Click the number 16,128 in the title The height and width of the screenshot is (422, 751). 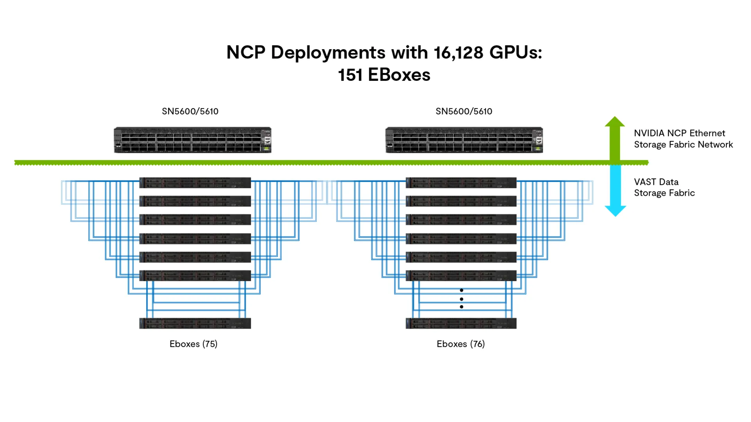(458, 52)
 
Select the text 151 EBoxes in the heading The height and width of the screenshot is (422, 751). (384, 75)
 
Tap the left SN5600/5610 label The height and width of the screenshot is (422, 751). (190, 111)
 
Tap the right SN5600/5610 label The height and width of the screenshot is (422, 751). (464, 111)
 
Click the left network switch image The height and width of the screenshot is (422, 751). (192, 140)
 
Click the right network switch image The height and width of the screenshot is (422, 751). (464, 140)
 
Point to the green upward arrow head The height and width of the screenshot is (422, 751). (614, 122)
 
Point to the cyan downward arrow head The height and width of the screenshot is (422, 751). (615, 211)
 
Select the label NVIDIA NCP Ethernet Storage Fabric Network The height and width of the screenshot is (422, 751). (683, 139)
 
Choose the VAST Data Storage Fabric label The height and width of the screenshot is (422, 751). (664, 188)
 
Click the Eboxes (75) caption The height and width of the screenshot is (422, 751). (193, 344)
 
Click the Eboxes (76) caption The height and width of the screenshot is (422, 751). (460, 344)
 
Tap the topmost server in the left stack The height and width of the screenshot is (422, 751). (195, 182)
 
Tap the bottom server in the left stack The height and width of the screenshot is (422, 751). (195, 323)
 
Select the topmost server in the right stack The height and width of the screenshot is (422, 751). (461, 182)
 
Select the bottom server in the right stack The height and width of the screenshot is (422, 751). (461, 323)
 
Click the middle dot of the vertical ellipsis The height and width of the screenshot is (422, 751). (462, 299)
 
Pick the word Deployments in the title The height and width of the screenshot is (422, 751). (328, 52)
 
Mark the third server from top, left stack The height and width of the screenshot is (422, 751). (195, 220)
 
